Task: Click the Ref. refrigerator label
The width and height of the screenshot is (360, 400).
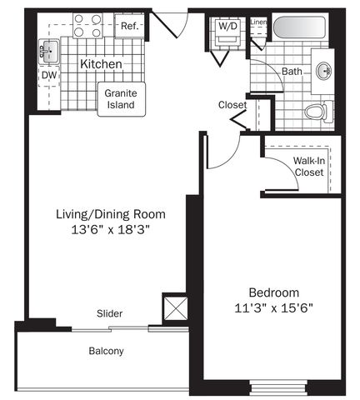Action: (129, 26)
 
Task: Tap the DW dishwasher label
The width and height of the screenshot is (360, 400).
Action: (49, 75)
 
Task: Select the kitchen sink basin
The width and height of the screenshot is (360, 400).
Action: (49, 52)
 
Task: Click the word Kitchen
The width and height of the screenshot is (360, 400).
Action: (101, 64)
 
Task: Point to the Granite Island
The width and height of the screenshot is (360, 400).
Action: (122, 99)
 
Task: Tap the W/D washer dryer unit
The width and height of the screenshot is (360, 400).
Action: (227, 32)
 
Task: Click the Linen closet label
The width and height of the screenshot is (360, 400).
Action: (258, 22)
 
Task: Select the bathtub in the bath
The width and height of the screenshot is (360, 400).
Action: (299, 28)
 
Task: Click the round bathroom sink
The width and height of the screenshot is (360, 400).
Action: (324, 71)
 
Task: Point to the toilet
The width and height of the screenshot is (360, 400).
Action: (318, 112)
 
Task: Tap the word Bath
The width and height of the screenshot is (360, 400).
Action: (292, 72)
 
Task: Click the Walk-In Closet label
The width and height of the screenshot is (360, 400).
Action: (309, 167)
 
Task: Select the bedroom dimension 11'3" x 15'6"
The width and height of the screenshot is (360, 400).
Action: (273, 308)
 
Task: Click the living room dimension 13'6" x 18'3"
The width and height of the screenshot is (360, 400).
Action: (111, 230)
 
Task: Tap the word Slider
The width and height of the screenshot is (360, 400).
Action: (109, 313)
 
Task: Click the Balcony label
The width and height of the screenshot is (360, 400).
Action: (106, 351)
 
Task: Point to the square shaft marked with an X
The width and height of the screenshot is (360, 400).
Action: (176, 308)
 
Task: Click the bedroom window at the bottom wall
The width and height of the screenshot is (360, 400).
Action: (278, 387)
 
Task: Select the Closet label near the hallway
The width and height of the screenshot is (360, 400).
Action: (232, 105)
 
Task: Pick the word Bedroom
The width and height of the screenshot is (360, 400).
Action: (274, 292)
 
